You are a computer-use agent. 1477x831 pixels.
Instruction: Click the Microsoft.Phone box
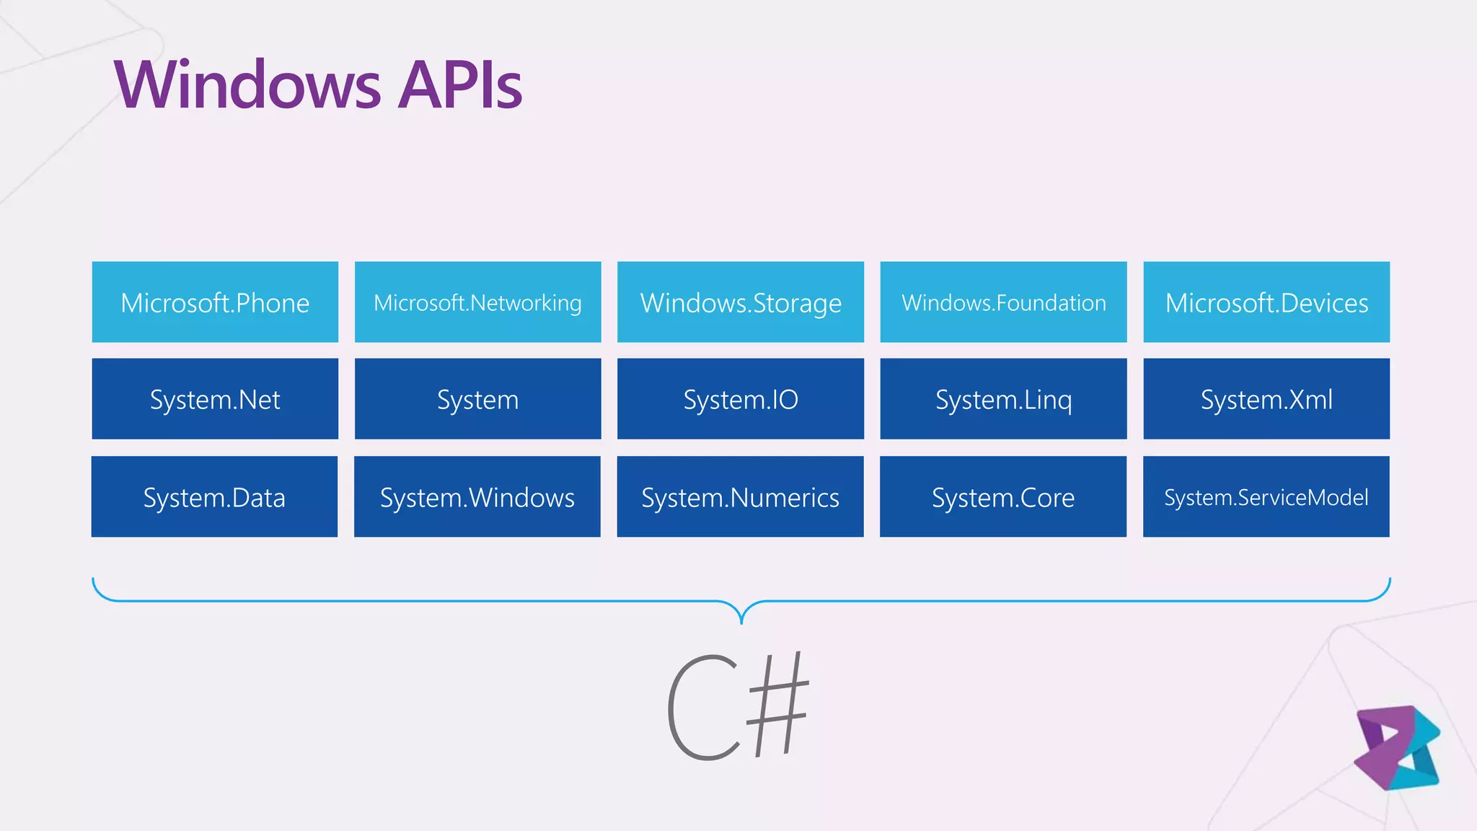tap(215, 302)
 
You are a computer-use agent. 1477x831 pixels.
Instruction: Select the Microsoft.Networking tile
tap(477, 302)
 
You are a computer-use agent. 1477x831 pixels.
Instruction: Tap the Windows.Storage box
tap(741, 302)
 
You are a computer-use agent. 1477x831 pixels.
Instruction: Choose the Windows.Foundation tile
tap(1003, 302)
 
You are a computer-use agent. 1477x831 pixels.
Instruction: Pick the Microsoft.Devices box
tap(1266, 302)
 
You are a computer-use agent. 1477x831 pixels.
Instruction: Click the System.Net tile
tap(215, 399)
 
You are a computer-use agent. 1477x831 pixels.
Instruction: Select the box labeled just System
tap(477, 399)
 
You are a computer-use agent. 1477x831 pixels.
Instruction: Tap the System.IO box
tap(741, 399)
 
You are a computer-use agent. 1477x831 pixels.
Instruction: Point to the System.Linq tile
tap(1003, 399)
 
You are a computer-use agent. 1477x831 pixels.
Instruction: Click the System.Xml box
tap(1266, 399)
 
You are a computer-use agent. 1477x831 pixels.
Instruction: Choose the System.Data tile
tap(214, 496)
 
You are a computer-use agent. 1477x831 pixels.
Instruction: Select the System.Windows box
tap(477, 496)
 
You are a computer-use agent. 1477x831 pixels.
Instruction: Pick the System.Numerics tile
tap(740, 496)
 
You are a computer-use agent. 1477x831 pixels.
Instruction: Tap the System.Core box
tap(1002, 496)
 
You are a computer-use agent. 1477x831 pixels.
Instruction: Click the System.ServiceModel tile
tap(1266, 496)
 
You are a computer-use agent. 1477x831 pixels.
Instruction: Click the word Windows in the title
tap(247, 85)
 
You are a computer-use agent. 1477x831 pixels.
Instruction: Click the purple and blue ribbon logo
tap(1397, 748)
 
